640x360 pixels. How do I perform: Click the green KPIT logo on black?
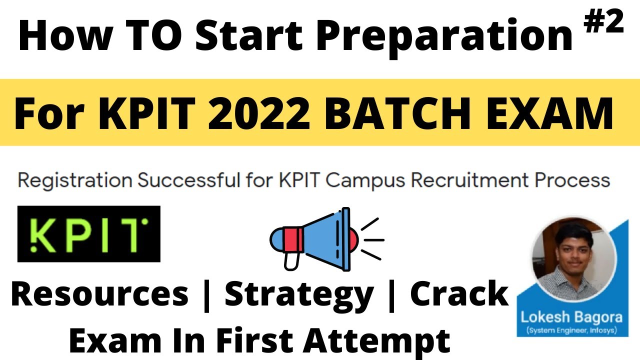coord(88,233)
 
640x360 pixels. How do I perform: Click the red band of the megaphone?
coord(293,239)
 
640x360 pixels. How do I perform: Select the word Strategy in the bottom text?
coord(299,295)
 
